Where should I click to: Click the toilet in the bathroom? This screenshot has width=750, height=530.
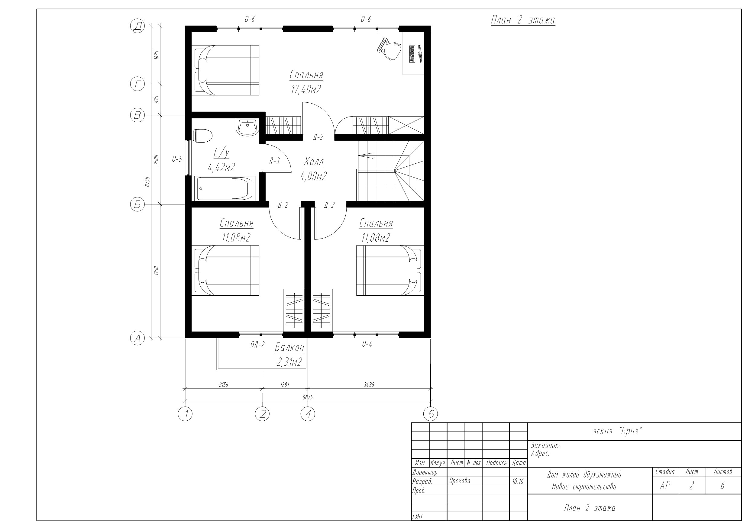tap(202, 136)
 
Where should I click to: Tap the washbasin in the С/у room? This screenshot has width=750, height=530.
tap(247, 127)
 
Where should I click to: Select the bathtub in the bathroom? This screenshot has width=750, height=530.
tap(225, 188)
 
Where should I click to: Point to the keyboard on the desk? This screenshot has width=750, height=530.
tap(411, 54)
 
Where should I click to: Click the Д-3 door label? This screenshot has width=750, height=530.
tap(274, 161)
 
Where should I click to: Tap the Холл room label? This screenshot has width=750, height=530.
tap(314, 162)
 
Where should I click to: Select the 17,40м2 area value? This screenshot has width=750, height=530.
tap(306, 89)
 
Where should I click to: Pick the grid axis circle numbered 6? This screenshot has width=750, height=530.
tap(431, 414)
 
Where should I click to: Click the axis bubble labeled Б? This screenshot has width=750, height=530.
tap(137, 204)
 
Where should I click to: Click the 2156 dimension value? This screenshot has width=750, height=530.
tap(223, 385)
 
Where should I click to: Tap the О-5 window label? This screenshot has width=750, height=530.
tap(177, 159)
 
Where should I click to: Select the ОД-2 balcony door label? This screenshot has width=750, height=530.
tap(257, 345)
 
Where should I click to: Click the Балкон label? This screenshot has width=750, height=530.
tap(290, 348)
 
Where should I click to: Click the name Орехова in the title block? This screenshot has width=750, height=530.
tap(460, 481)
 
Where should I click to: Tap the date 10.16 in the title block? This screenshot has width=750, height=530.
tap(518, 481)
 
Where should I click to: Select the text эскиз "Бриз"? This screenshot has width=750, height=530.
tap(617, 431)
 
